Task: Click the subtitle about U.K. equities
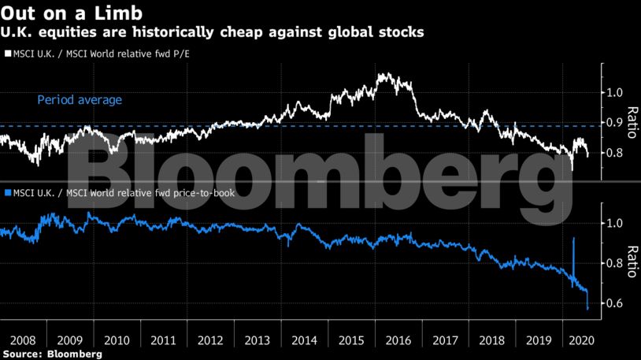tap(213, 32)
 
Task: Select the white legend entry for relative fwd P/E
tap(100, 54)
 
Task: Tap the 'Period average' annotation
tap(80, 100)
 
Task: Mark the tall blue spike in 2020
tap(573, 240)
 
